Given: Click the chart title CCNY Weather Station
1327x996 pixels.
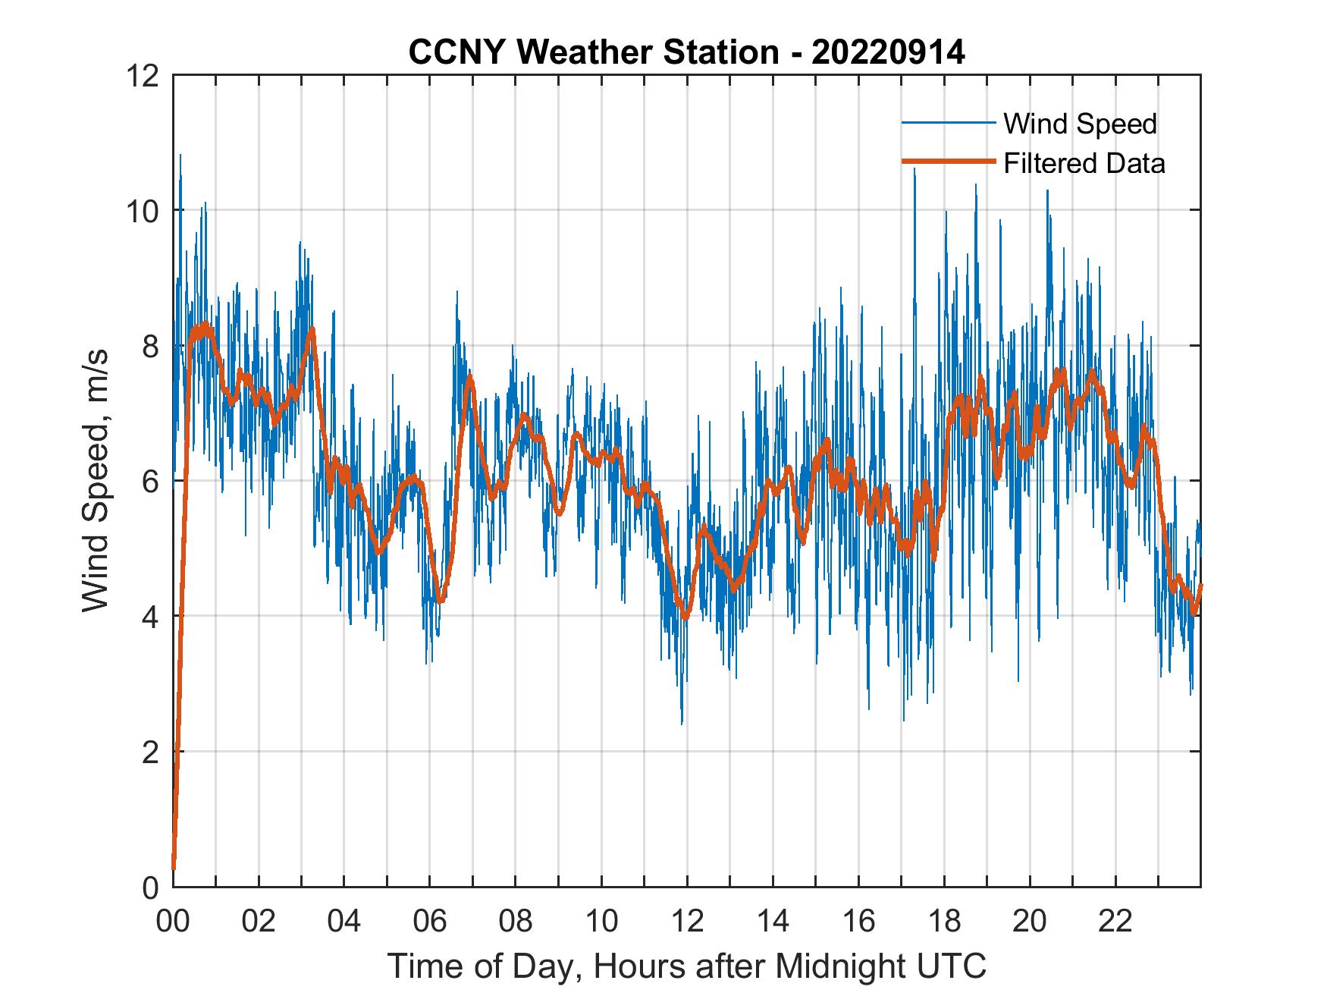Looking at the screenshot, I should pyautogui.click(x=593, y=52).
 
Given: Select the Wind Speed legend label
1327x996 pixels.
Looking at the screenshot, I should pyautogui.click(x=1080, y=124).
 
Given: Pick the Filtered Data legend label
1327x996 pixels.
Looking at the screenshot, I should pyautogui.click(x=1084, y=163).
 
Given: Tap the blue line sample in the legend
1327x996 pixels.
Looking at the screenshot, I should pyautogui.click(x=948, y=123).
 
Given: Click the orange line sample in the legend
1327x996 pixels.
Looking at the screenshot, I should pyautogui.click(x=948, y=162).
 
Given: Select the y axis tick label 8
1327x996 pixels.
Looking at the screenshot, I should pyautogui.click(x=149, y=346).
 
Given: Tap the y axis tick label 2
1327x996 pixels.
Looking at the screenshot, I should pyautogui.click(x=149, y=752).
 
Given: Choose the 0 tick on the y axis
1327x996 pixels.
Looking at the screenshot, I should pyautogui.click(x=149, y=888).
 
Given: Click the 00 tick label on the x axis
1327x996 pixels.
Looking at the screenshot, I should pyautogui.click(x=173, y=922).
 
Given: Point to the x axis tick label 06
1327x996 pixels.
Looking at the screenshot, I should pyautogui.click(x=430, y=922).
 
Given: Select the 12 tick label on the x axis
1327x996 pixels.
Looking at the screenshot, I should pyautogui.click(x=687, y=922).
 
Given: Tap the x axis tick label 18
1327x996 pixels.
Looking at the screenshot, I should pyautogui.click(x=944, y=922).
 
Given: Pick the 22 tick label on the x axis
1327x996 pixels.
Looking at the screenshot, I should pyautogui.click(x=1115, y=922).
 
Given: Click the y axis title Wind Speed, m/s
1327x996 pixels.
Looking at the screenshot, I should pyautogui.click(x=96, y=480).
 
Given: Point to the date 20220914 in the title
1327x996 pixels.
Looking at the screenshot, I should pyautogui.click(x=888, y=52).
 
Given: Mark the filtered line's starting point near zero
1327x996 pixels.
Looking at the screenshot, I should pyautogui.click(x=174, y=868).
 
